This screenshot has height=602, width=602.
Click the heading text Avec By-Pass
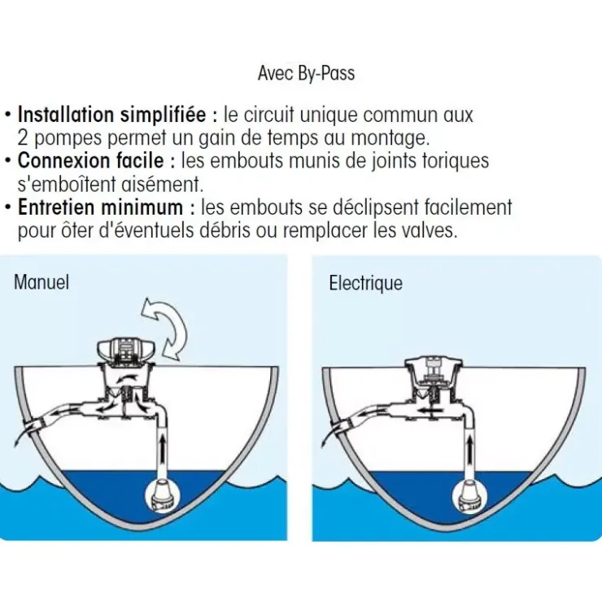pos(306,73)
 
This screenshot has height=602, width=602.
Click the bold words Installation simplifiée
pos(111,115)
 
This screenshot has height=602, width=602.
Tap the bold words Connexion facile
pos(90,160)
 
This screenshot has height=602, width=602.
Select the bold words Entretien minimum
pos(100,207)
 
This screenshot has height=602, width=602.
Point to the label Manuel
pos(41,282)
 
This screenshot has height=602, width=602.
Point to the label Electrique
pos(365,283)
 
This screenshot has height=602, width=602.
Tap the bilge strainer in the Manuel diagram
pos(162,495)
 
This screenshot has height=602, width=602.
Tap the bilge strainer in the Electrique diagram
pos(469,495)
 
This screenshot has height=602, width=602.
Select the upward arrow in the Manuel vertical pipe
pos(163,447)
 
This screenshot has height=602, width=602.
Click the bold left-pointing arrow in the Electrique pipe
pos(430,411)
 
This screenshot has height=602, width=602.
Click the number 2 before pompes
pos(23,138)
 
